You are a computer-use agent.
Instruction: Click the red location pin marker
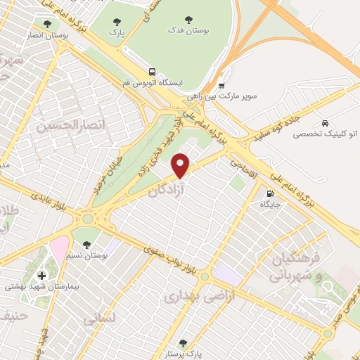[x=181, y=165]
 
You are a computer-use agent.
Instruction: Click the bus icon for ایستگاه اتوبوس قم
[x=153, y=72]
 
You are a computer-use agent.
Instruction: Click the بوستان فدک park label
[x=186, y=32]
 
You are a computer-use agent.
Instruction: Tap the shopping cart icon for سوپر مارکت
[x=220, y=82]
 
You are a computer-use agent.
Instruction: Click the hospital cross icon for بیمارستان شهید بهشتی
[x=40, y=274]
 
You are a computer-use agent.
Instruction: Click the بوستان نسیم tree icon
[x=86, y=245]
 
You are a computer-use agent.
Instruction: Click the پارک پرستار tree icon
[x=183, y=344]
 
